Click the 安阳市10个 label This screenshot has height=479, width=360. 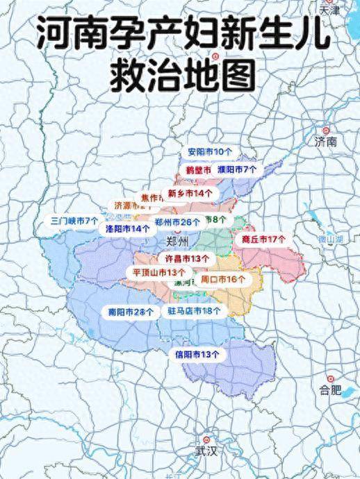tap(211, 151)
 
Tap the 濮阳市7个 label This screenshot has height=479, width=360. tap(237, 169)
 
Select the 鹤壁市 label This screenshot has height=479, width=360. tap(198, 169)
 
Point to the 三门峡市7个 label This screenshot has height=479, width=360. tap(75, 221)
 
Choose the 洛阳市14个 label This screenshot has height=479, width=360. tap(128, 228)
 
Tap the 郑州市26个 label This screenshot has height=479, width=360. tap(177, 222)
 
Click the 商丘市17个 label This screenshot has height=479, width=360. tap(264, 239)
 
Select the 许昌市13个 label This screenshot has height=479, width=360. tap(173, 258)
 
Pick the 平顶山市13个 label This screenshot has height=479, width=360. tap(159, 272)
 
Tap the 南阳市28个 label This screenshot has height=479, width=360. tap(131, 312)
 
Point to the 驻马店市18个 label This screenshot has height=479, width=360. tap(195, 311)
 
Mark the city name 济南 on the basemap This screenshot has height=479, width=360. tap(325, 142)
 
